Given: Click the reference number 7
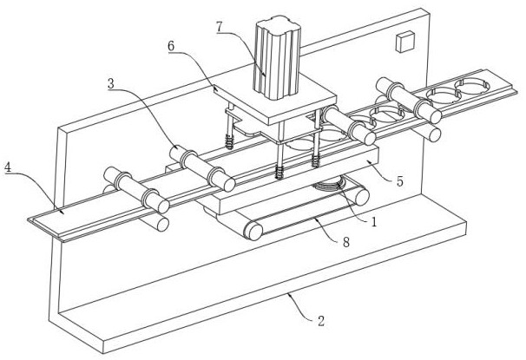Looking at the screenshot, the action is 220,27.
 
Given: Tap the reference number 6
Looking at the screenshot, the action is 171,46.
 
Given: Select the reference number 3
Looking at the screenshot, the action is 111,83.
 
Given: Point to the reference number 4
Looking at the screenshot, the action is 8,167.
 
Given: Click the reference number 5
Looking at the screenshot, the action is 399,181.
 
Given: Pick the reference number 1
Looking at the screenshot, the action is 374,221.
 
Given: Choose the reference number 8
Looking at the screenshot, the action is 346,242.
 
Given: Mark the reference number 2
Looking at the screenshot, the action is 321,321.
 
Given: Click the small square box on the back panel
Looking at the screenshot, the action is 404,42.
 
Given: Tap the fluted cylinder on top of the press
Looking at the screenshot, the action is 277,57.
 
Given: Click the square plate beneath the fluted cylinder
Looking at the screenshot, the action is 275,98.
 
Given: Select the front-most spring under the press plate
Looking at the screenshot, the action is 279,172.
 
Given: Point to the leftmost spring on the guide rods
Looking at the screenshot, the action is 229,141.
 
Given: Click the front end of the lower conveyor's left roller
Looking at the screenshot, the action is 253,231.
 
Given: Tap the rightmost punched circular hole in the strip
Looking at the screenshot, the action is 472,86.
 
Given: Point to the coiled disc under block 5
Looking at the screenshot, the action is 330,185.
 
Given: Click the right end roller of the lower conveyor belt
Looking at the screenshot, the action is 360,197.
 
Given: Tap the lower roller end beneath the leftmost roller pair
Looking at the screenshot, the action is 162,225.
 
